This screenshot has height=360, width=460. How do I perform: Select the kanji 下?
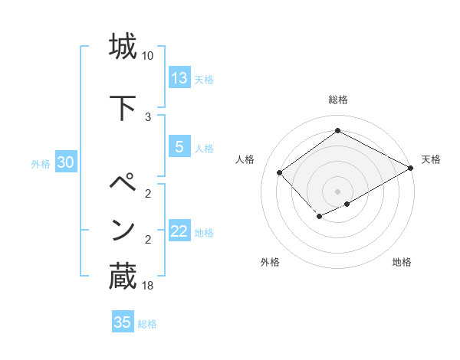pos(123,107)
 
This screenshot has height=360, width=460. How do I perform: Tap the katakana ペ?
pos(123,184)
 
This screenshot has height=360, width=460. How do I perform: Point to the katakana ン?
pos(123,230)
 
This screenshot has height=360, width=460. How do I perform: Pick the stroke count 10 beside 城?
pos(148,56)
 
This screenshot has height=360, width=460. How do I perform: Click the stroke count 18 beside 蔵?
pos(148,286)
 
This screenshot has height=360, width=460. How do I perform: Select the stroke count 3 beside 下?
pos(148,117)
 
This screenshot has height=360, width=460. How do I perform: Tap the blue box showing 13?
pos(179,78)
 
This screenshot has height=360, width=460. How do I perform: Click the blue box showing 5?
pos(179,147)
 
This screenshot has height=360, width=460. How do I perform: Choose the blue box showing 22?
pos(179,231)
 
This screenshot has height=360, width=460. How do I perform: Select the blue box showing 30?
pos(65,162)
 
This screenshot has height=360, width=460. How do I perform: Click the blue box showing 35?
pos(123,322)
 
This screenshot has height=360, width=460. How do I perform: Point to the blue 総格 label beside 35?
pos(147,324)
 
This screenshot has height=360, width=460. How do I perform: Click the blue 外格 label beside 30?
pos(41,163)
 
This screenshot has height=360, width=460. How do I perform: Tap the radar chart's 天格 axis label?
pos(431,159)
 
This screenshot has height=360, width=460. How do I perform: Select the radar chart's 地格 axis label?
pos(402,262)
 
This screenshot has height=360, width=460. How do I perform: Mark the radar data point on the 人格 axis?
pos(280,173)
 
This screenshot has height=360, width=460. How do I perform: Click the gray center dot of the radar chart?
pos(337,191)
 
